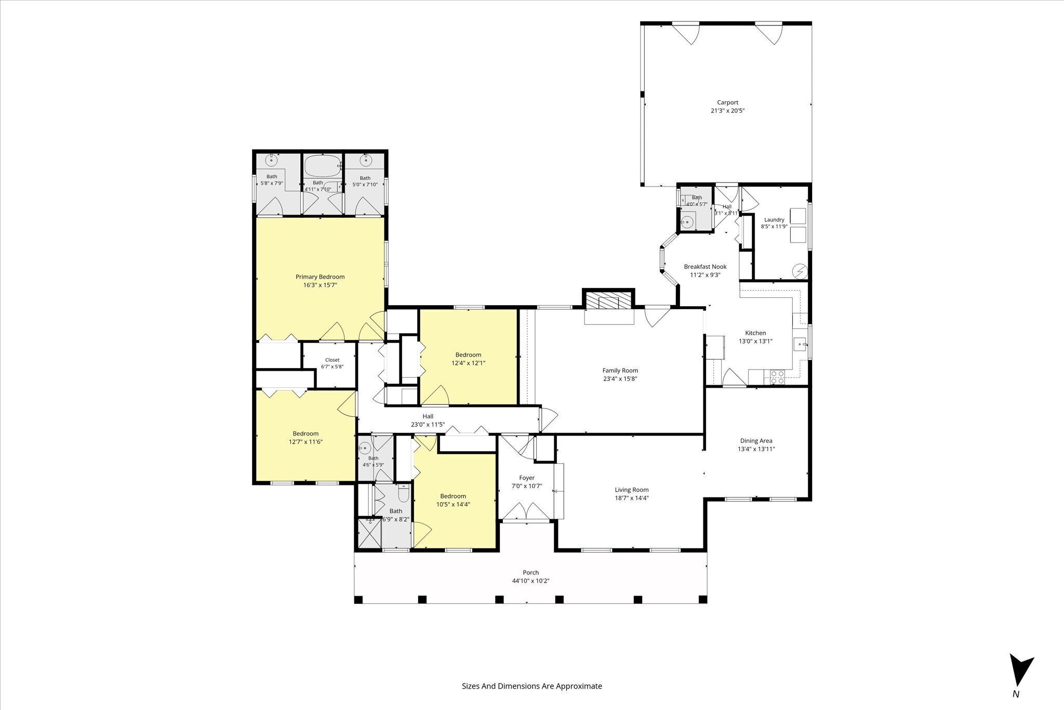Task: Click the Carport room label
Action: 727,102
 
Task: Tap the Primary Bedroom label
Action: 320,277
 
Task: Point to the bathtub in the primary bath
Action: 322,166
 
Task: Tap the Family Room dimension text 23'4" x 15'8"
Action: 620,379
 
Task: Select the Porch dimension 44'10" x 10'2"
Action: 531,581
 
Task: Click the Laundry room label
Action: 774,220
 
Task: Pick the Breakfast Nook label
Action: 705,267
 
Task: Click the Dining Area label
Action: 756,441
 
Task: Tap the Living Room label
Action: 632,490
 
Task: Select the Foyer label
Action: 527,478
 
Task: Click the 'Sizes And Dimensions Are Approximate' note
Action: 532,686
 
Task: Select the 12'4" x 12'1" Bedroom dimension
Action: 468,363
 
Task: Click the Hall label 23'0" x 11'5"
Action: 428,420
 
